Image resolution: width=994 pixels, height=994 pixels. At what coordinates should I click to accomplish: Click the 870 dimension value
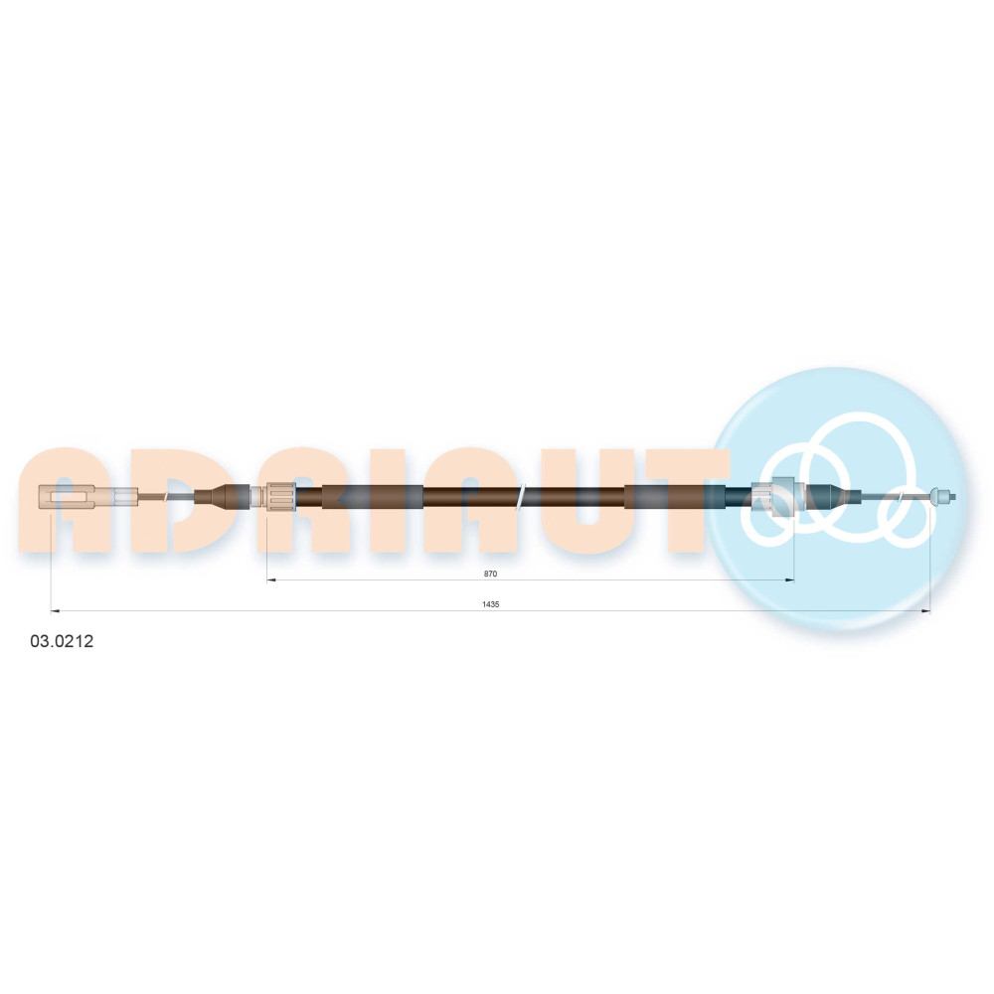(x=490, y=574)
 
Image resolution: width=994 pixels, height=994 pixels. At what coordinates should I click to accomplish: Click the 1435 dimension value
(x=491, y=604)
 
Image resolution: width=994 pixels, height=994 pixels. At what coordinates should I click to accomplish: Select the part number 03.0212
(x=62, y=641)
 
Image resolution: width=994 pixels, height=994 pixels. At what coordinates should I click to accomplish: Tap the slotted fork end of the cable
(x=67, y=496)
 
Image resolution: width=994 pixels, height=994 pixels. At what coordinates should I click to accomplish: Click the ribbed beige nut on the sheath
(x=281, y=496)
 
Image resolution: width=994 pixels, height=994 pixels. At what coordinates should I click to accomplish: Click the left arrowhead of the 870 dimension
(x=270, y=580)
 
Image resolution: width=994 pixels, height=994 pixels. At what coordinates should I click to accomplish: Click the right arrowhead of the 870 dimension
(x=790, y=580)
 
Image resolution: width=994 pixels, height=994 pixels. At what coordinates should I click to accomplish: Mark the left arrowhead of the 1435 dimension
(x=55, y=611)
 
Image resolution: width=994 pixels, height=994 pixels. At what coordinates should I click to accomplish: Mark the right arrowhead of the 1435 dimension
(x=925, y=611)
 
